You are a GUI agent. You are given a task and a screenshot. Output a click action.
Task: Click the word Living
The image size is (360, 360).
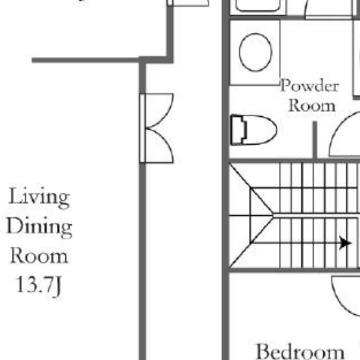39,197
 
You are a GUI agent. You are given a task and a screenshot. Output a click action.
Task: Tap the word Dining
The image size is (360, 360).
39,227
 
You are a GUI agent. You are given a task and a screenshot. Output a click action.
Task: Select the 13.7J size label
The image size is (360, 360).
39,286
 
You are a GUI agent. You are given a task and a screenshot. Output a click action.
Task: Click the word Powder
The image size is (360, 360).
310,85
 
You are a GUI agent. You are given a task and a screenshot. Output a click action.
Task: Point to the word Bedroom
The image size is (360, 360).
301,352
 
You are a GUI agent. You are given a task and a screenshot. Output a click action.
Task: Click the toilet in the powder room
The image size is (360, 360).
253,130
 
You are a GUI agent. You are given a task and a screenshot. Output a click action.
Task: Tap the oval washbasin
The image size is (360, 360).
256,52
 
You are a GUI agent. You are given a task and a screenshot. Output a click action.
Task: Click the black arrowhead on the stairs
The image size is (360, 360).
346,243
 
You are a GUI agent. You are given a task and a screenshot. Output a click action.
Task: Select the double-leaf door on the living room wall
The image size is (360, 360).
157,128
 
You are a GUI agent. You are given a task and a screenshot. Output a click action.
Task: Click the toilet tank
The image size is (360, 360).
238,130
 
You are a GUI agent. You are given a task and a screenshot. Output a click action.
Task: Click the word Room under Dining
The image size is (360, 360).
39,256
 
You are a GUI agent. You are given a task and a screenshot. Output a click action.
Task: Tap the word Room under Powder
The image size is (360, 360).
312,106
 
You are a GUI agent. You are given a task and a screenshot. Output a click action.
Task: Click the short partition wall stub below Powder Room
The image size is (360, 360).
315,140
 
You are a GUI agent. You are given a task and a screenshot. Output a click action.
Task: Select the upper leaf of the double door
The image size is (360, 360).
160,110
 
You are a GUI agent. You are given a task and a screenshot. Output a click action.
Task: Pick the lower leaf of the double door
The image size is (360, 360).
160,146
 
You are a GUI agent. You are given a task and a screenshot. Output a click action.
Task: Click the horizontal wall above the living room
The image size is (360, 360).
85,60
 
